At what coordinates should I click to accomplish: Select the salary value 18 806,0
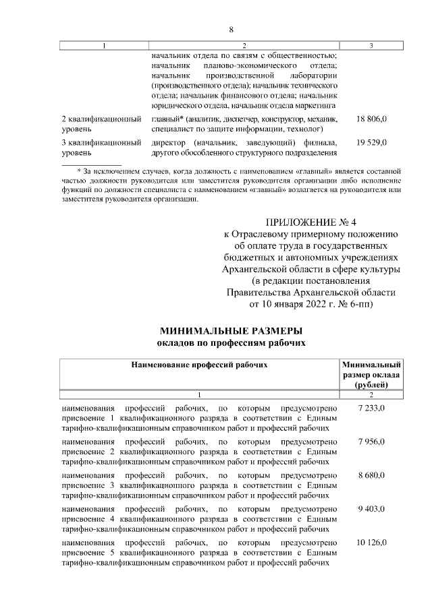pyautogui.click(x=371, y=119)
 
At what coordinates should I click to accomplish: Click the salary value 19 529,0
pyautogui.click(x=371, y=142)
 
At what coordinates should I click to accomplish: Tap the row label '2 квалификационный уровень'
pyautogui.click(x=101, y=123)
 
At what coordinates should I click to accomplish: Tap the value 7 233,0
pyautogui.click(x=371, y=408)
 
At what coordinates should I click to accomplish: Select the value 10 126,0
pyautogui.click(x=371, y=542)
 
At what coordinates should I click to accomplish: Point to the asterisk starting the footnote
pyautogui.click(x=79, y=172)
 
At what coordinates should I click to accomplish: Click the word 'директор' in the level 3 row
pyautogui.click(x=169, y=142)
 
